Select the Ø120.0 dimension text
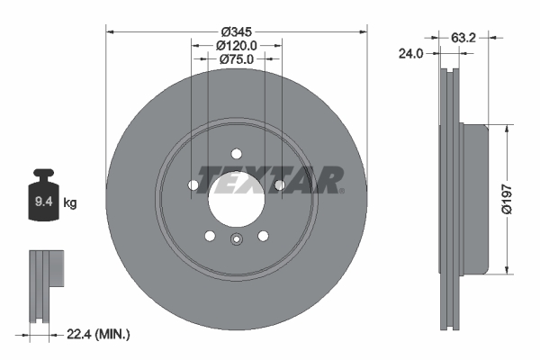(238, 45)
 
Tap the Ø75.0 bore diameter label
(238, 59)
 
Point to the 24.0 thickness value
(410, 54)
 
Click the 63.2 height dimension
(463, 39)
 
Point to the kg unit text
(70, 203)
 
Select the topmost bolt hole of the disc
(237, 154)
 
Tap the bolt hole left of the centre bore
(193, 185)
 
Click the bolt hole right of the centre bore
(280, 185)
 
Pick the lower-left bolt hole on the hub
(210, 236)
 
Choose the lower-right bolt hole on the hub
(264, 236)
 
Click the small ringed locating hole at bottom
(237, 239)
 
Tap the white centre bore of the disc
(236, 201)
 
